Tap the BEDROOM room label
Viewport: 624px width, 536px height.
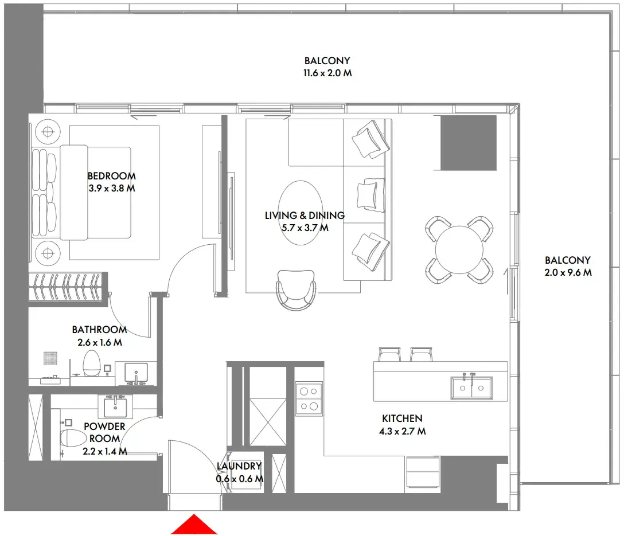point(111,176)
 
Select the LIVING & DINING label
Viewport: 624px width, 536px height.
point(305,216)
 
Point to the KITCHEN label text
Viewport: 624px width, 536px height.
point(402,419)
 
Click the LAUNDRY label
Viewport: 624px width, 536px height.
point(239,467)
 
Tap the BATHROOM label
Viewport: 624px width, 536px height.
point(99,330)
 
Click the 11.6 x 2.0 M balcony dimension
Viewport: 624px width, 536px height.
point(327,73)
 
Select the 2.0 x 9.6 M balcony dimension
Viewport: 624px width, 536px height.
point(568,273)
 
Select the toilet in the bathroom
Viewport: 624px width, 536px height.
point(92,363)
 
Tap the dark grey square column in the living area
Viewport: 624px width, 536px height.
point(468,143)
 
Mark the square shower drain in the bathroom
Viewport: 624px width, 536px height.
point(50,358)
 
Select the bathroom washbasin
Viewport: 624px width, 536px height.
point(136,373)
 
